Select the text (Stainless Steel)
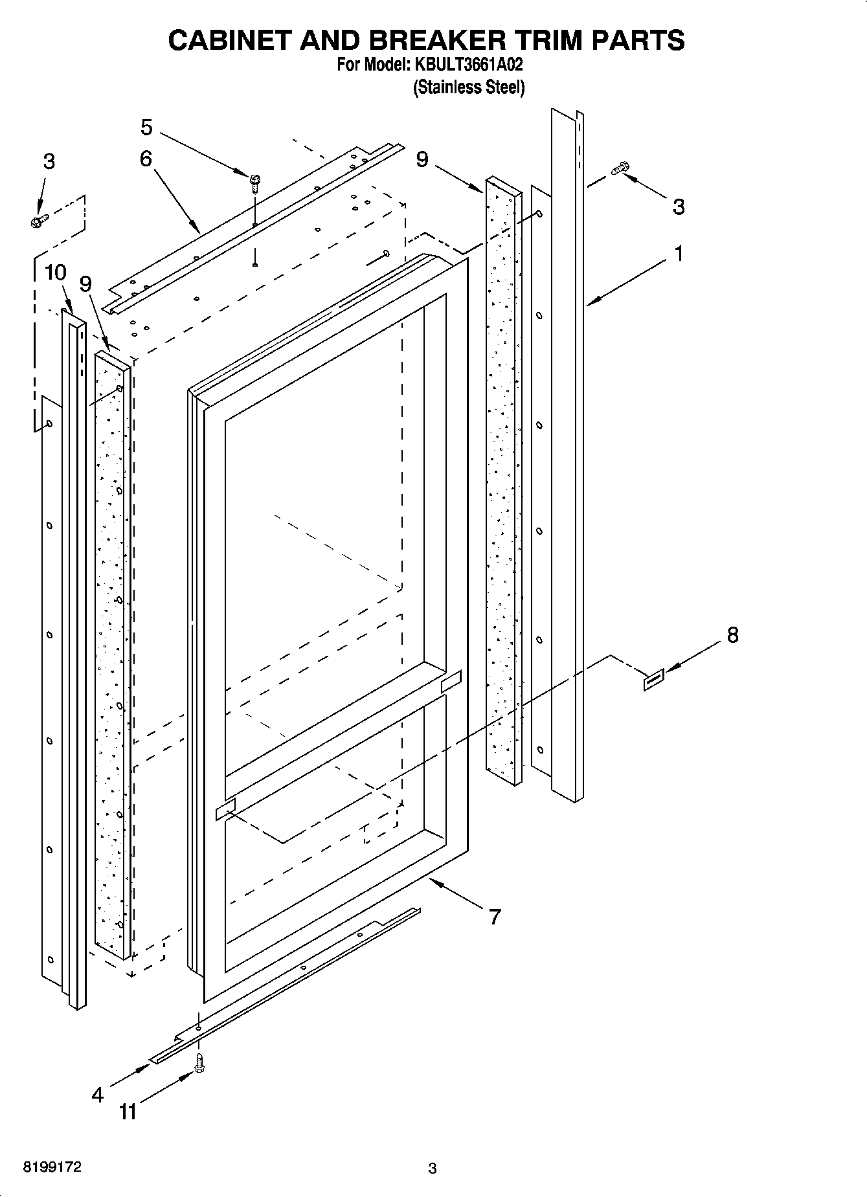click(x=469, y=87)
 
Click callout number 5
click(x=146, y=128)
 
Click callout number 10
click(x=56, y=273)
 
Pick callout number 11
click(x=128, y=1112)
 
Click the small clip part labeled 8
click(x=653, y=680)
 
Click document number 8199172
click(x=52, y=1167)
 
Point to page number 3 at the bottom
click(x=433, y=1169)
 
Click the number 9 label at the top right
click(x=422, y=159)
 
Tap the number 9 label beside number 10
click(x=85, y=284)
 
